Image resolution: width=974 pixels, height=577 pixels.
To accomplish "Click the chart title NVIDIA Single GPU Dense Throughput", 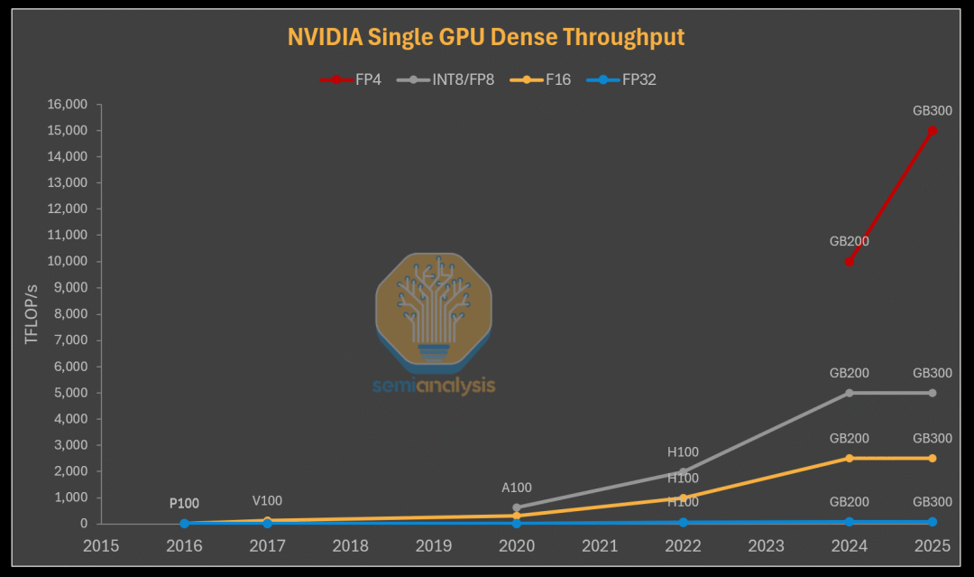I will [x=486, y=37].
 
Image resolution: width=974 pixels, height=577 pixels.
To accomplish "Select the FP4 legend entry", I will [x=351, y=79].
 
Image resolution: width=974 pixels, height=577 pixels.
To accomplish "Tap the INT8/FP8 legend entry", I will [x=451, y=79].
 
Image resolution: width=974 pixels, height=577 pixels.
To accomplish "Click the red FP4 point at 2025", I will [x=933, y=130].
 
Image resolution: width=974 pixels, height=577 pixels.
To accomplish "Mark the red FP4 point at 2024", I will [x=850, y=262].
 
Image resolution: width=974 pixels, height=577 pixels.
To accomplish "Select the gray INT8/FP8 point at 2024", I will [x=850, y=393].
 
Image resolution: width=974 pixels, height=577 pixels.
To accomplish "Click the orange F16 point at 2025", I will [x=933, y=458].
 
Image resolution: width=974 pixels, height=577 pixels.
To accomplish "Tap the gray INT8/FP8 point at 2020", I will [x=517, y=507].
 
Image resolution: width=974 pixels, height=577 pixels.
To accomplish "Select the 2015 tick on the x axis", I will [x=101, y=545].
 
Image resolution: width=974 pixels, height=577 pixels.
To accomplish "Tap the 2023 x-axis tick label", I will [x=766, y=545].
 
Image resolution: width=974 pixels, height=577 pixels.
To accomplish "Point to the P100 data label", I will [x=184, y=503].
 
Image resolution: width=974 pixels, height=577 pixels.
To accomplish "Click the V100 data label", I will [x=267, y=500].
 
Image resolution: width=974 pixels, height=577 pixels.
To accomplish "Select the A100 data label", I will [x=517, y=488].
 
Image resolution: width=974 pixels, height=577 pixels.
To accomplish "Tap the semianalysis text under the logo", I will [x=434, y=386].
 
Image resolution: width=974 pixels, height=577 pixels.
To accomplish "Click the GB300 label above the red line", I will [x=933, y=111].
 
